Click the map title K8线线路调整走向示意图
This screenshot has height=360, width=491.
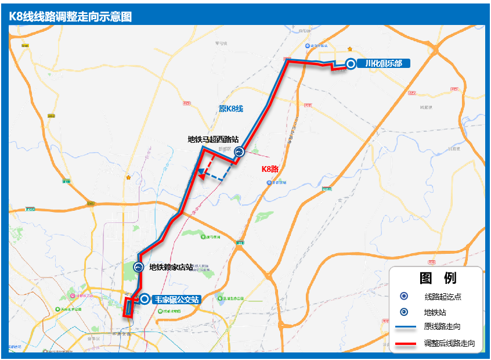pyautogui.click(x=70, y=16)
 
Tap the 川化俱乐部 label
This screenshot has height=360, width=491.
pyautogui.click(x=384, y=64)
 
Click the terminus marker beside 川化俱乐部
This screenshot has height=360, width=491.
pyautogui.click(x=351, y=64)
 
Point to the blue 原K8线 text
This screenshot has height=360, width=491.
pyautogui.click(x=230, y=109)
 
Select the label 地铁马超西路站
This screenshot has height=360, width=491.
pyautogui.click(x=213, y=139)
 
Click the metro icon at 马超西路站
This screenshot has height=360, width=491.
pyautogui.click(x=239, y=152)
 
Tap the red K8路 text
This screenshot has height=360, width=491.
pyautogui.click(x=270, y=169)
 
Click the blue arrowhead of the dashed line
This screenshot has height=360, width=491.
pyautogui.click(x=198, y=171)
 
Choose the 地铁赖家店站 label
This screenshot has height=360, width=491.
pyautogui.click(x=171, y=268)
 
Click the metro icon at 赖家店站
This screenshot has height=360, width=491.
pyautogui.click(x=139, y=267)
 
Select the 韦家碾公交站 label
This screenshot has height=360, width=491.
pyautogui.click(x=176, y=300)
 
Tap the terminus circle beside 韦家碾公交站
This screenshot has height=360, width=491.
pyautogui.click(x=144, y=300)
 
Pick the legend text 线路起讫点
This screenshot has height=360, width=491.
pyautogui.click(x=443, y=297)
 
